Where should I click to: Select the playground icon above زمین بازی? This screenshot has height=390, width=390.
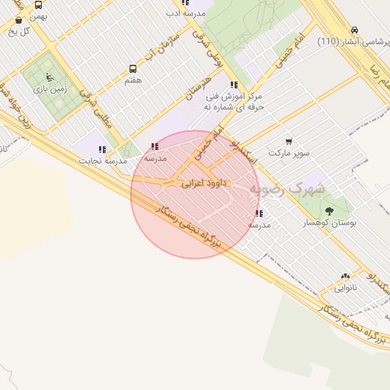point(50,77)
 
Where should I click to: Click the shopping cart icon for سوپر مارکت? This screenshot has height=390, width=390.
point(289,141)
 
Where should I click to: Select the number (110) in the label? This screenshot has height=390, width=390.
point(329,41)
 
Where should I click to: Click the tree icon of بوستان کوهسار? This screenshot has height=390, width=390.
point(329,211)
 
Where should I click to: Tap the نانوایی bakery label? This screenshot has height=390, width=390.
point(346,289)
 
